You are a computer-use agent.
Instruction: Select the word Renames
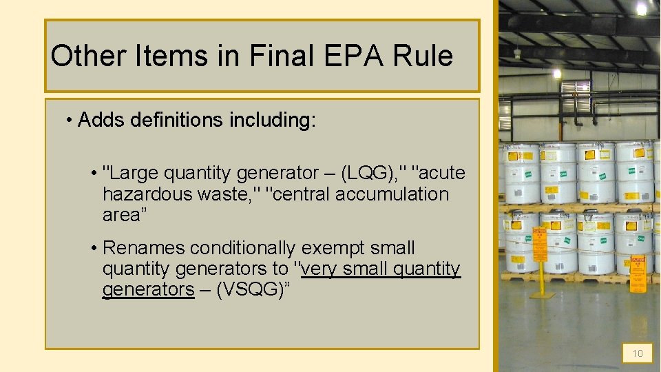tap(143, 247)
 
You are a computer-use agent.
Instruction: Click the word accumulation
tap(392, 194)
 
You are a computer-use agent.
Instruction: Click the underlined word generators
tap(148, 289)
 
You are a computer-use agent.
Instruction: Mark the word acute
tap(442, 173)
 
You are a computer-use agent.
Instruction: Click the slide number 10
tap(638, 353)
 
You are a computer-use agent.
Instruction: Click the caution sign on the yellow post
tap(540, 247)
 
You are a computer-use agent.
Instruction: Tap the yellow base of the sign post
tap(541, 294)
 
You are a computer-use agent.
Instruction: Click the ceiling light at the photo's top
tap(642, 9)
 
